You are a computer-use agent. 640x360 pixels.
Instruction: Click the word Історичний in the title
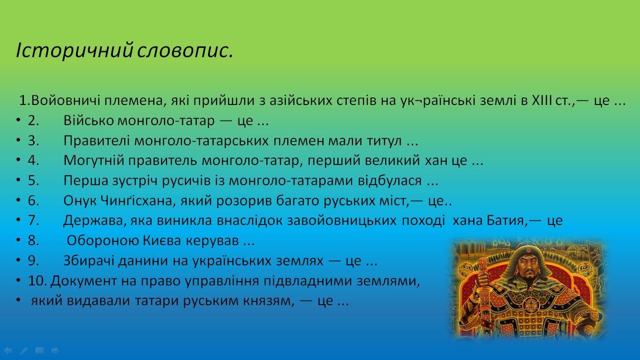(75, 51)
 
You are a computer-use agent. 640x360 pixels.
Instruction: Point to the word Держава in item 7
(93, 221)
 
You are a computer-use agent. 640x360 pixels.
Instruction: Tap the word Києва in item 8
(162, 241)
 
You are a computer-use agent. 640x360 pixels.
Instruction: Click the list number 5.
(33, 181)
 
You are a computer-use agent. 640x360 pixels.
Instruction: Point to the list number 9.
(33, 261)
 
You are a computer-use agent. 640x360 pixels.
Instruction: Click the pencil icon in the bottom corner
(24, 351)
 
